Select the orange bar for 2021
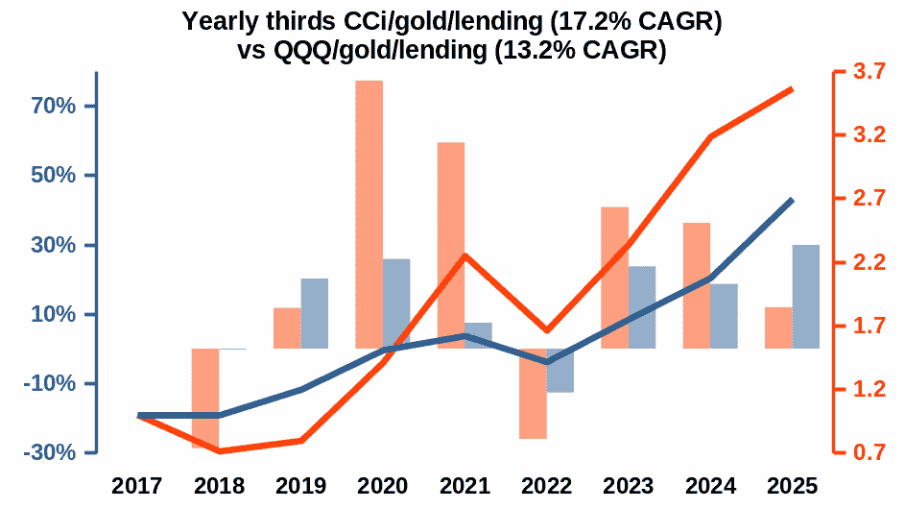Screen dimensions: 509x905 [x=451, y=245]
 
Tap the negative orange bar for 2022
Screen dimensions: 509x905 [x=533, y=394]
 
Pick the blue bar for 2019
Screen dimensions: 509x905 [x=314, y=313]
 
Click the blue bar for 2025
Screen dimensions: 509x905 [x=806, y=297]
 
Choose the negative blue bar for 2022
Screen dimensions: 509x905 [x=560, y=371]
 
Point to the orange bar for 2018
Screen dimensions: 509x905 [x=205, y=399]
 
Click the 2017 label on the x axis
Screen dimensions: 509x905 [x=138, y=486]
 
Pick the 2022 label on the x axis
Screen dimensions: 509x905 [x=546, y=486]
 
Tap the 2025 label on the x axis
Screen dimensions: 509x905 [x=792, y=486]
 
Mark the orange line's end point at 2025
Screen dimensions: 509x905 [x=792, y=89]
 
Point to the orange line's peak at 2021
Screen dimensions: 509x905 [x=464, y=255]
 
